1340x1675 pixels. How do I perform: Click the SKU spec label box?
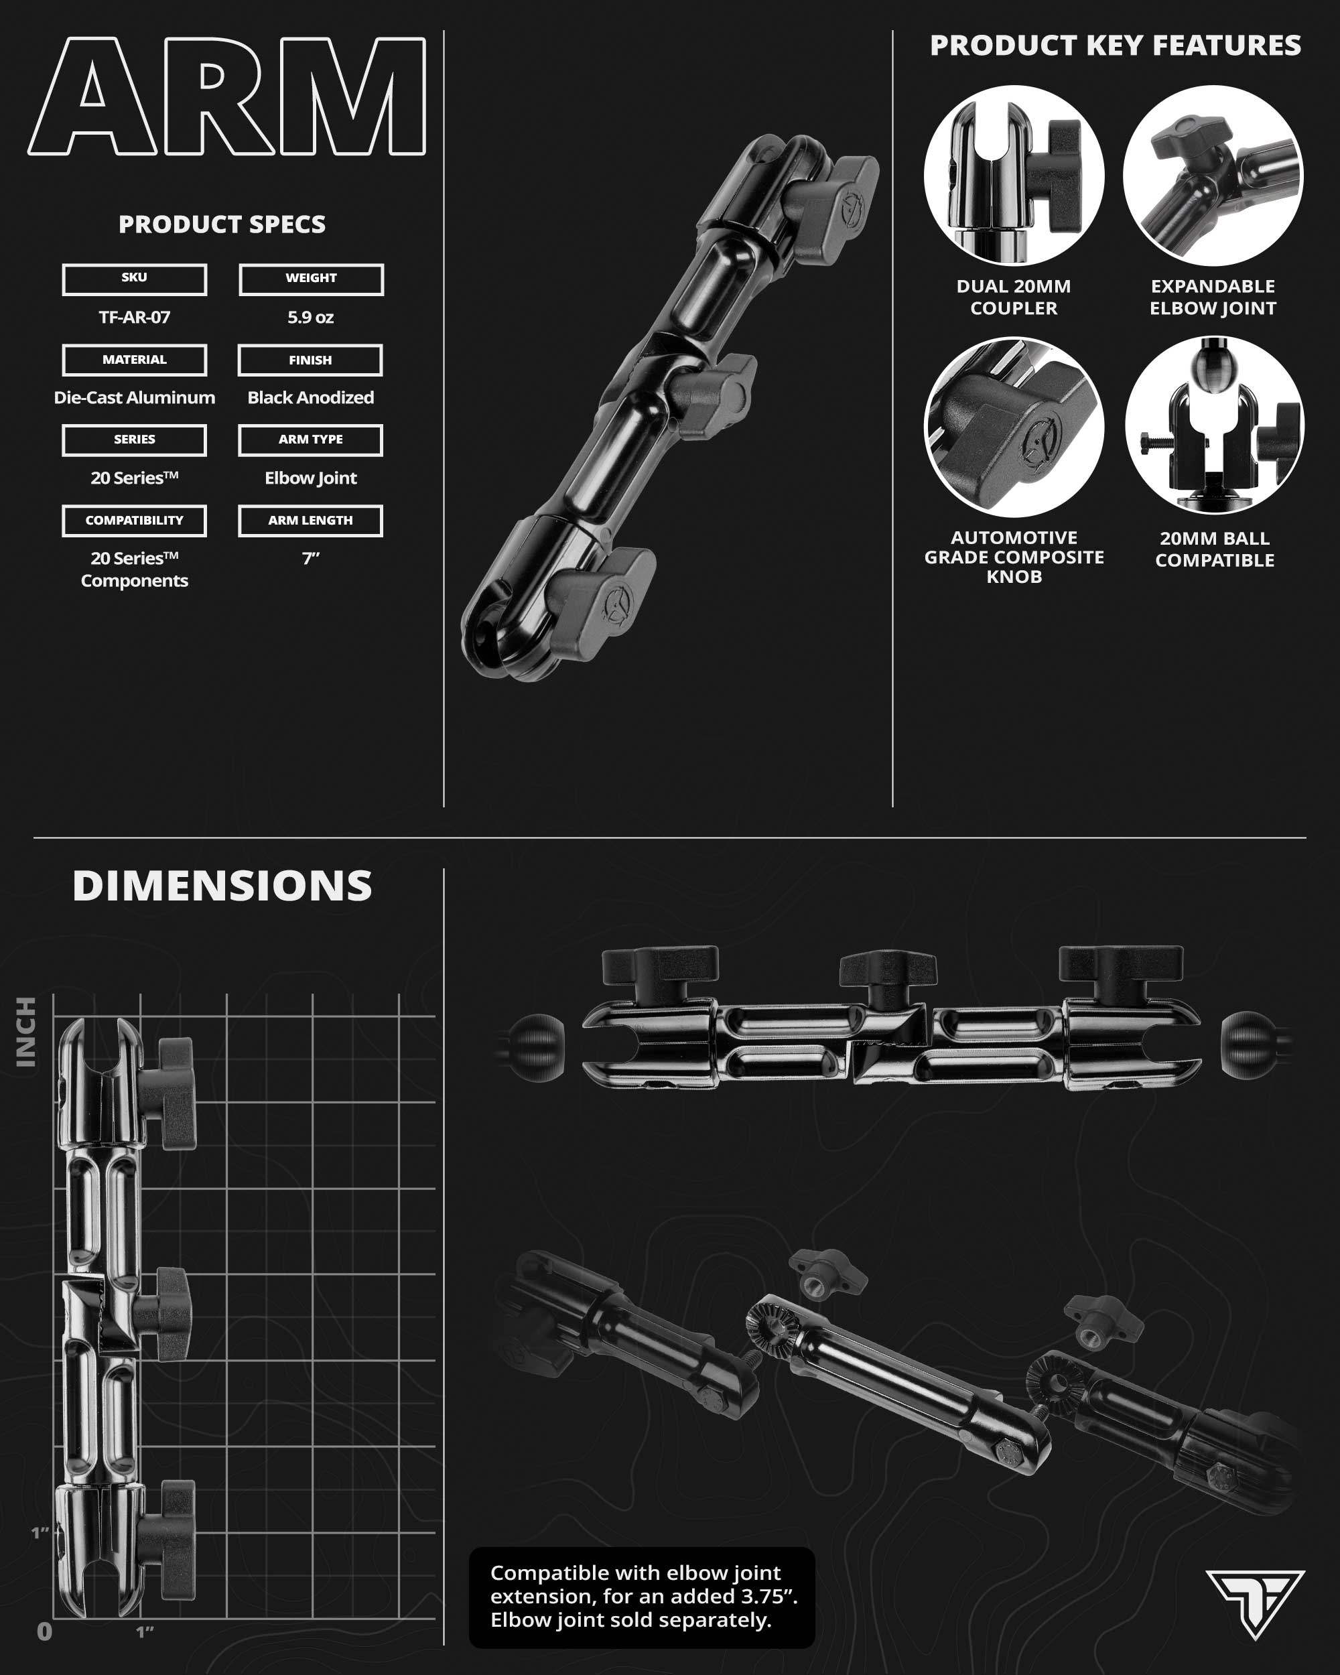tap(135, 279)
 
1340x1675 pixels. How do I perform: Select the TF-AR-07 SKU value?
tap(135, 317)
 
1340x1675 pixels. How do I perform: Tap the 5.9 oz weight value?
tap(311, 317)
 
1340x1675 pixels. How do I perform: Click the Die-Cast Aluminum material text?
tap(135, 398)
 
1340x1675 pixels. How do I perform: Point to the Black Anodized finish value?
tap(311, 398)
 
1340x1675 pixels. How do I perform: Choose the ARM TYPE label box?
tap(311, 440)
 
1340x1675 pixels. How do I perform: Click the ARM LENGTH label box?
tap(311, 521)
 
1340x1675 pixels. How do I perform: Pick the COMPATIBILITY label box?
tap(135, 521)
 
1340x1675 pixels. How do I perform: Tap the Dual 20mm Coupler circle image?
tap(1014, 176)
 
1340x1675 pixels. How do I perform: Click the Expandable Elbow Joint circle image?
tap(1213, 176)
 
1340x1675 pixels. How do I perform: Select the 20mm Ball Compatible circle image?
tap(1214, 425)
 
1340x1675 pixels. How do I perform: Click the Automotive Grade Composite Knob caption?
tap(1014, 557)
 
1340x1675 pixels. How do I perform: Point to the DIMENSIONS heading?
tap(222, 886)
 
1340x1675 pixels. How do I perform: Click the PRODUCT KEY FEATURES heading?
tap(1116, 45)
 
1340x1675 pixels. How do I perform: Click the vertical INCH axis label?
tap(26, 1032)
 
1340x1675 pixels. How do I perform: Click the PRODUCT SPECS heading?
tap(222, 224)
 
